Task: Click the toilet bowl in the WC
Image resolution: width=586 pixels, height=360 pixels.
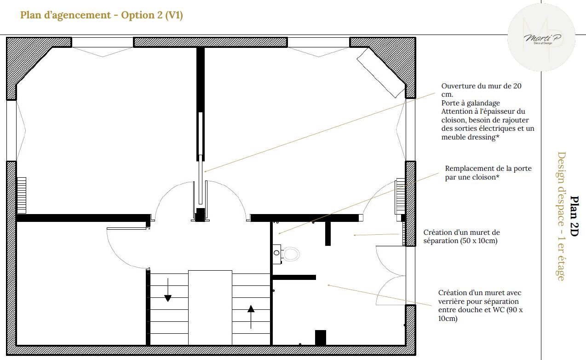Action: pos(290,254)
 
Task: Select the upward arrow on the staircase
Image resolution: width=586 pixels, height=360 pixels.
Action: pos(251,317)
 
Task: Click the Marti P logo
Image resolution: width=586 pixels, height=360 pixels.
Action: pos(541,37)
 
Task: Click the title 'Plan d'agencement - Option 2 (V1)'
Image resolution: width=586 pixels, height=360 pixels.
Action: pos(102,15)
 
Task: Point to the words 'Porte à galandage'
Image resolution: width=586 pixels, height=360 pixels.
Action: pos(471,103)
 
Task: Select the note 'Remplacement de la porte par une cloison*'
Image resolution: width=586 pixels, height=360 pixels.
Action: pos(488,173)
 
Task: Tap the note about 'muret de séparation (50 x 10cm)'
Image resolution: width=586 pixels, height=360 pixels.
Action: pos(461,237)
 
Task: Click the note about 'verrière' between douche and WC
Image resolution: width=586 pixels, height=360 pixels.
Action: pos(480,305)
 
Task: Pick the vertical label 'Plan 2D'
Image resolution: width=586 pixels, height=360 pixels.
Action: pos(574,216)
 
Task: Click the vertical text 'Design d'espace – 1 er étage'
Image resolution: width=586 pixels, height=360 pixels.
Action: pos(561,216)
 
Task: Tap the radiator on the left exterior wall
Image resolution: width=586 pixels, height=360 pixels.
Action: pos(22,195)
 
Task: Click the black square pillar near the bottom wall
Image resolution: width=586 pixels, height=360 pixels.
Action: pos(321,338)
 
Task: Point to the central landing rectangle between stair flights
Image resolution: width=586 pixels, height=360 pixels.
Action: pos(210,308)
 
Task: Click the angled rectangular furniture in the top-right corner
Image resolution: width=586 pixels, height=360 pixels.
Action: pos(381,73)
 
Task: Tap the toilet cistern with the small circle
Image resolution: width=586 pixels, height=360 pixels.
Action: pos(277,254)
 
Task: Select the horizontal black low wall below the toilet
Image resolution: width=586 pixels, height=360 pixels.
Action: pos(294,277)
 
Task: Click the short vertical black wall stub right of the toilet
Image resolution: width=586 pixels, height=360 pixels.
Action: pos(328,233)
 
